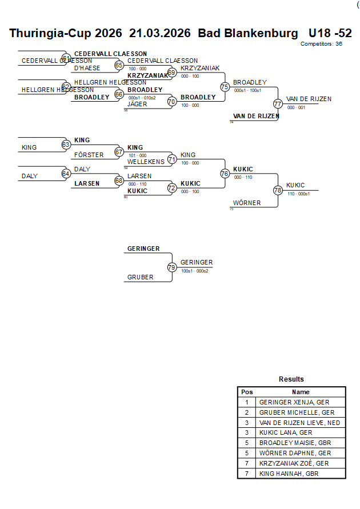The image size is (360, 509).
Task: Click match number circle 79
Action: [171, 267]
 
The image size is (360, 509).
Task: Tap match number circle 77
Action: [278, 104]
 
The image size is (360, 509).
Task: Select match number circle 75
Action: [225, 87]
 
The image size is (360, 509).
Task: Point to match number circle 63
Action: [66, 145]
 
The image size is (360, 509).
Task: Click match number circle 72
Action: [171, 187]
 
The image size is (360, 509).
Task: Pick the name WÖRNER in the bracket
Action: [247, 203]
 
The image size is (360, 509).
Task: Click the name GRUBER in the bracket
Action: [140, 277]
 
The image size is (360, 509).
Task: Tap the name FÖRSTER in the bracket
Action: [89, 155]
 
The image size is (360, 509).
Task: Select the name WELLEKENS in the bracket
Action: [146, 162]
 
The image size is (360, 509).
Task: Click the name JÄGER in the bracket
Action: [137, 104]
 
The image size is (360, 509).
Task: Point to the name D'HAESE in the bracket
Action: [87, 68]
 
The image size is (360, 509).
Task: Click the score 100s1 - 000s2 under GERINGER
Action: [194, 271]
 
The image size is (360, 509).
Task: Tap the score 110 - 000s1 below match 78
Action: [298, 194]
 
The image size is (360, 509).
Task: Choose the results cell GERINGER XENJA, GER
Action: [294, 402]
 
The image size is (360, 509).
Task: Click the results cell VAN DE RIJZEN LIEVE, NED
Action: [300, 423]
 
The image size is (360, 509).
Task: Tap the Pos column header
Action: [247, 392]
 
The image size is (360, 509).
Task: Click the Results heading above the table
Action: [291, 379]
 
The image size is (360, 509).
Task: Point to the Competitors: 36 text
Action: [321, 43]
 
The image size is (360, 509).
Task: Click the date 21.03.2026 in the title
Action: [159, 33]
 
